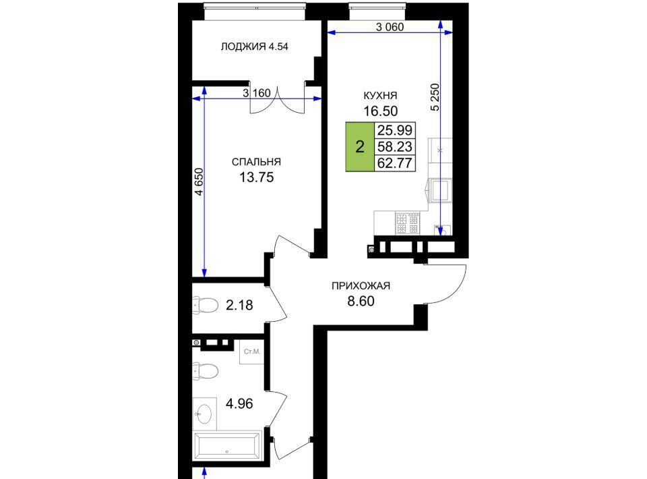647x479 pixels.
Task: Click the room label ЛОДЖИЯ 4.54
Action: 254,47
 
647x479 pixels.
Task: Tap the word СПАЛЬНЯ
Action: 256,162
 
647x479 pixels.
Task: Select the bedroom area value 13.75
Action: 256,177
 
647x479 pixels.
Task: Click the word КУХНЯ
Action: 380,95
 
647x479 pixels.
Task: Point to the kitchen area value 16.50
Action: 380,111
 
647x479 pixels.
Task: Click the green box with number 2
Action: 360,146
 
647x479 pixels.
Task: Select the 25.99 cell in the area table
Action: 395,130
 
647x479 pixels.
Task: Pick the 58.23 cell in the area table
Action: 395,146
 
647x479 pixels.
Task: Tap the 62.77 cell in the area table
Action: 395,163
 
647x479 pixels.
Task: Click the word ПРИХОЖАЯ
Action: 361,286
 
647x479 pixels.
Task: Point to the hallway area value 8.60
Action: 361,302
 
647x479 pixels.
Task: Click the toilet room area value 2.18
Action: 239,305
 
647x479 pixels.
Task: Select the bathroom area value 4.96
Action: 239,403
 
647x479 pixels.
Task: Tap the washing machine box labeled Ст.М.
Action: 251,351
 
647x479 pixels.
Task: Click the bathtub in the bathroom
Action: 227,445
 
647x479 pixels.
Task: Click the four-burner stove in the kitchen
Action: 408,223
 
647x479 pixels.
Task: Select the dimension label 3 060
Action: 390,27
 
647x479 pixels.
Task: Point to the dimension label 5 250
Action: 435,97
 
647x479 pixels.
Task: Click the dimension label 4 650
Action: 199,181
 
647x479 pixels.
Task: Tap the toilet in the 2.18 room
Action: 206,305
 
